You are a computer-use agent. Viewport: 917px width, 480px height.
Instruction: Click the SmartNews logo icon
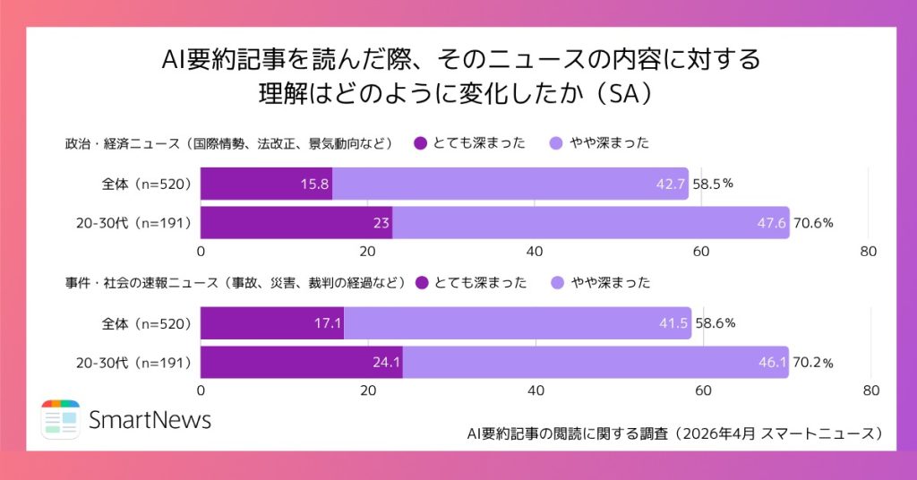point(60,419)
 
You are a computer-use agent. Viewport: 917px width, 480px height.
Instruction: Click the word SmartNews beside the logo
point(150,419)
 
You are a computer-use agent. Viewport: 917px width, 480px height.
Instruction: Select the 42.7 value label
point(671,184)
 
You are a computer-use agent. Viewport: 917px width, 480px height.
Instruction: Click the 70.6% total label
point(813,223)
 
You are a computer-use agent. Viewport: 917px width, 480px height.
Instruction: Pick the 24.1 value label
point(387,363)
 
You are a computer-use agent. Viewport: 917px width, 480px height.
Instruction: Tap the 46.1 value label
point(772,363)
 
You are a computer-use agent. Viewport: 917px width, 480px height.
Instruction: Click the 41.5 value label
point(673,323)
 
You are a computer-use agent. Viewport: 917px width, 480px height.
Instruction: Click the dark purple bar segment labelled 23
point(296,223)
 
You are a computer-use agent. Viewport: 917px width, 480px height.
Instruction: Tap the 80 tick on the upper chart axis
point(868,251)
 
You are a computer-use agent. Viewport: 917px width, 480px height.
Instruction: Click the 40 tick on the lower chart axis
point(536,390)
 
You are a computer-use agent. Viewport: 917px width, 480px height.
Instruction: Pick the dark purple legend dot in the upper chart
point(419,142)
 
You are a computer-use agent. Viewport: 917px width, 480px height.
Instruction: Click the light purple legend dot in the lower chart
point(557,283)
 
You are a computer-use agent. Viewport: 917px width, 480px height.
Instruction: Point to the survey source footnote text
point(675,433)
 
